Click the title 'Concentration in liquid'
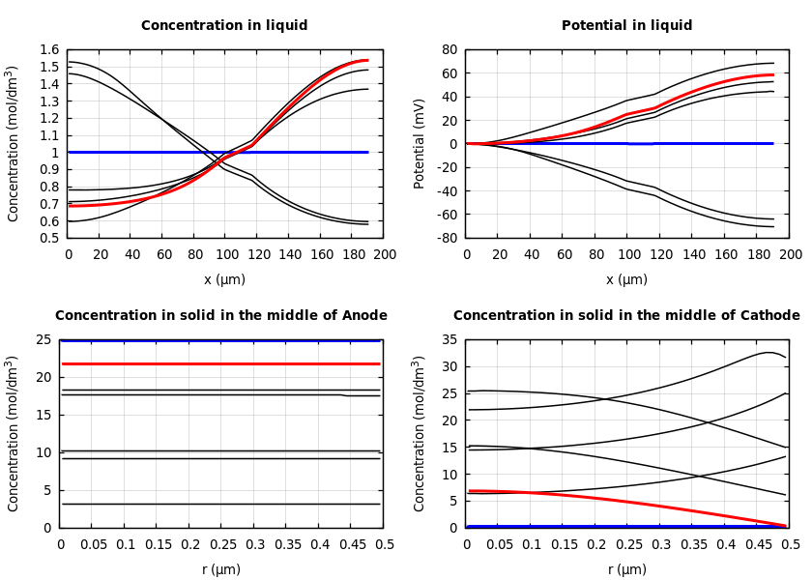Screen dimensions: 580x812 pos(224,26)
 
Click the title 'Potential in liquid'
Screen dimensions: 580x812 pos(626,26)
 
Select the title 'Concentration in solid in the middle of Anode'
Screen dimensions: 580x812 pos(221,316)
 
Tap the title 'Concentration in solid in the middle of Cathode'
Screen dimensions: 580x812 pos(626,316)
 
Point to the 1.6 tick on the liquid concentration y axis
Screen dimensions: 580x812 pos(49,50)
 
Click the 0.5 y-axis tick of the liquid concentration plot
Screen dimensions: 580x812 pos(49,238)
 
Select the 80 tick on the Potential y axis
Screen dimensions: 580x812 pos(449,50)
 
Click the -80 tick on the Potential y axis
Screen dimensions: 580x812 pos(447,238)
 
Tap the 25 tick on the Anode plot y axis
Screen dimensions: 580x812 pos(43,340)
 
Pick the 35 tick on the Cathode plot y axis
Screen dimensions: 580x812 pos(449,340)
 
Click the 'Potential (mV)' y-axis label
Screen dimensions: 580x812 pos(420,143)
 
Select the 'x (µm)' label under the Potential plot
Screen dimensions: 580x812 pos(626,280)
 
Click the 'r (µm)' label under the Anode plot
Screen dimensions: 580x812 pos(221,569)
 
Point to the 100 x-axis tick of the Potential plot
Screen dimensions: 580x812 pos(627,254)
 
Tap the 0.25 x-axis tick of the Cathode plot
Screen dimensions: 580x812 pos(627,544)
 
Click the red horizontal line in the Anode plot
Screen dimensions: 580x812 pos(221,363)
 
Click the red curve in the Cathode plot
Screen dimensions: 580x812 pos(627,502)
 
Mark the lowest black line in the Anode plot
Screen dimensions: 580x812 pos(221,504)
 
